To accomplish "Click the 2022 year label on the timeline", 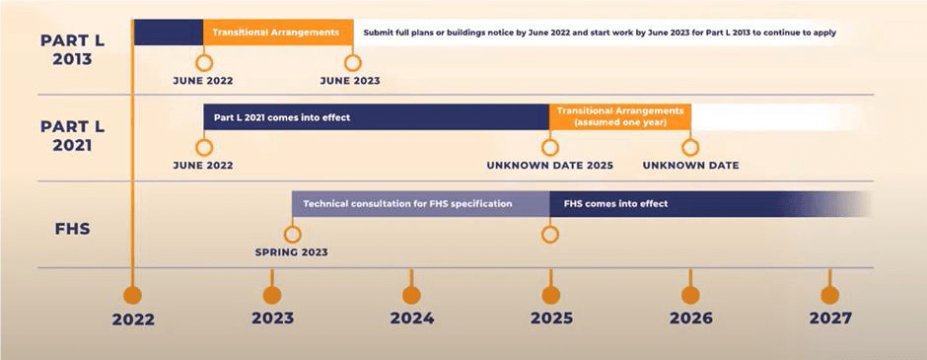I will (132, 319).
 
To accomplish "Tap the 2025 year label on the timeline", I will (550, 319).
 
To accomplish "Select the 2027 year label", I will (829, 319).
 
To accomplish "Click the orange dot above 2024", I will (411, 294).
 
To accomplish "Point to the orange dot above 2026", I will (690, 294).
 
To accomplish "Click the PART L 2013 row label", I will (66, 49).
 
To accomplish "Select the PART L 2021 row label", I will (66, 135).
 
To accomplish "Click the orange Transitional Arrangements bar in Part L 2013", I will (277, 32).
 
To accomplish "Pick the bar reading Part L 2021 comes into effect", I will (376, 117).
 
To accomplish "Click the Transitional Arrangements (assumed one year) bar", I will (619, 117).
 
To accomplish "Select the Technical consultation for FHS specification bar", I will (420, 204).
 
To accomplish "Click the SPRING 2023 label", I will (291, 252).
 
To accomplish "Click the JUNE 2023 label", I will (350, 81).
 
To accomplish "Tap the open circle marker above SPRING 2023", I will (292, 234).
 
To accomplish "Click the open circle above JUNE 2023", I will (350, 61).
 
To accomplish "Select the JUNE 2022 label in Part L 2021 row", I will (203, 166).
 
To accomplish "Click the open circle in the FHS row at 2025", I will (550, 234).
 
